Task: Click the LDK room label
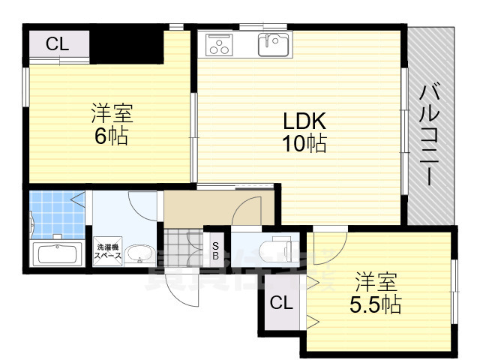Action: (x=303, y=121)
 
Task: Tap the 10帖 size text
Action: (x=304, y=143)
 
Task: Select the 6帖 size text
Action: (x=112, y=136)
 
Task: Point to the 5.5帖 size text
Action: (x=375, y=304)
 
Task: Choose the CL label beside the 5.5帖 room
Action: (x=280, y=304)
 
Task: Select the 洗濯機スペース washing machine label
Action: (x=106, y=251)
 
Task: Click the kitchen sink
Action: (x=274, y=45)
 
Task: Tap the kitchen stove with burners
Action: (x=219, y=46)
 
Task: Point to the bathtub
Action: (x=57, y=253)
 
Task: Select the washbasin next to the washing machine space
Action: (x=139, y=255)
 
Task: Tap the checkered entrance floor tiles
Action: (x=180, y=247)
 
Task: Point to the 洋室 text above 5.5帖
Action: (x=375, y=283)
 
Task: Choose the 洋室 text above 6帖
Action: (x=112, y=115)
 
